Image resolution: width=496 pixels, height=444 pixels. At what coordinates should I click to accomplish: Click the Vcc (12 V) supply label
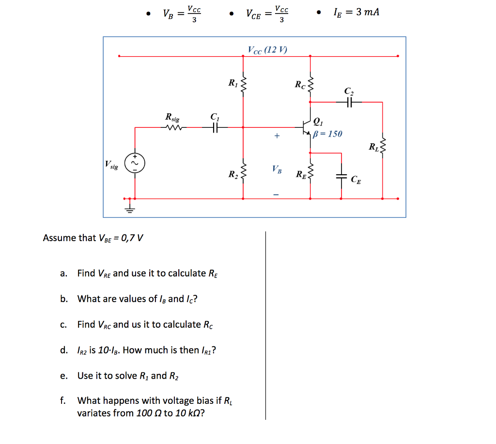pos(267,49)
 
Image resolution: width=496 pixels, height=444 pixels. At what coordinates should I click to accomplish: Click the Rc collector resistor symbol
pos(310,86)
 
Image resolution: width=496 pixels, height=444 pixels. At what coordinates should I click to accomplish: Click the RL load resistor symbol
pos(383,145)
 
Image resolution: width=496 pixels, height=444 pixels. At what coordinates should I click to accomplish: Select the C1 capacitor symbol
pos(216,127)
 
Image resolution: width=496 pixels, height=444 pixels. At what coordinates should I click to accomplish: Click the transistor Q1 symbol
pos(306,127)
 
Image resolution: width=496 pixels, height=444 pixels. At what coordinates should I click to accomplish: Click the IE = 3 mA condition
pos(356,12)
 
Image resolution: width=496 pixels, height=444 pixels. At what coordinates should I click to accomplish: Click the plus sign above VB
pos(277,136)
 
